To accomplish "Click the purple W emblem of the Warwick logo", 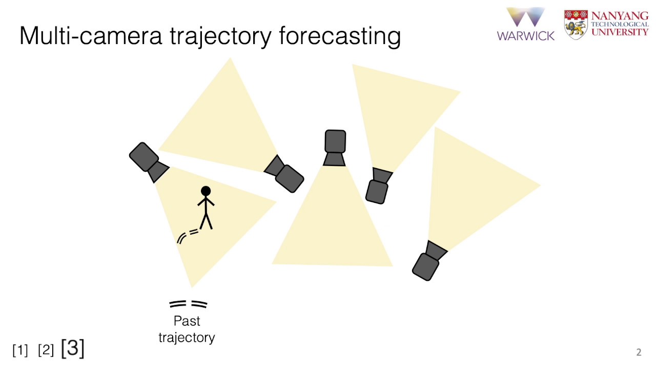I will click(525, 17).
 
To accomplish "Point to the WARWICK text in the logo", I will click(525, 35).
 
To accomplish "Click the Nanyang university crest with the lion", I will click(576, 24).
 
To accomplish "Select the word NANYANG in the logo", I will click(620, 15).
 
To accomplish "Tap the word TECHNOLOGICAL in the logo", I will click(620, 24).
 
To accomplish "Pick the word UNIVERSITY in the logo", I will click(620, 32).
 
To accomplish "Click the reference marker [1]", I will click(20, 350).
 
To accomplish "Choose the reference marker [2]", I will click(46, 350).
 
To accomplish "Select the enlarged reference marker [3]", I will click(72, 348).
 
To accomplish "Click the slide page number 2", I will click(639, 352).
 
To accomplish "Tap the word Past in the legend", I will click(187, 321).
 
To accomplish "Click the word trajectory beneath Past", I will click(187, 338).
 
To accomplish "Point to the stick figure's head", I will click(206, 192).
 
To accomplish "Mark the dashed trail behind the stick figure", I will click(188, 235).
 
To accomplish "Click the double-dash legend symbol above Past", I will click(188, 304).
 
